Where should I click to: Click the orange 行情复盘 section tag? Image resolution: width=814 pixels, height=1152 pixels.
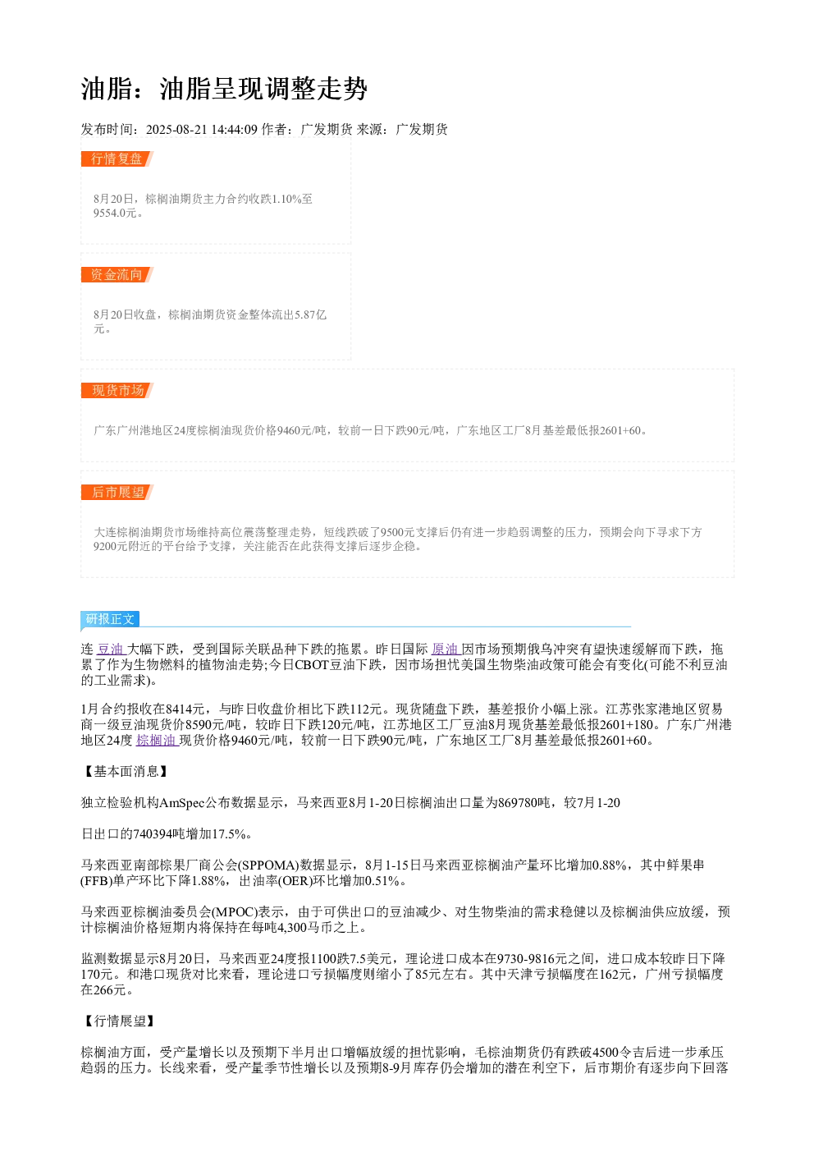(117, 158)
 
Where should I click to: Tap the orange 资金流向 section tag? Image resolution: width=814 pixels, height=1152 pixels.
(117, 274)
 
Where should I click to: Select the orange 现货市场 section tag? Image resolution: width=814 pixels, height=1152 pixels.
(117, 390)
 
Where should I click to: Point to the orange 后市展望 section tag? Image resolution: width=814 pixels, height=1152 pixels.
(117, 492)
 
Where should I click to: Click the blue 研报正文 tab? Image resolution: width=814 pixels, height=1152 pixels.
(110, 618)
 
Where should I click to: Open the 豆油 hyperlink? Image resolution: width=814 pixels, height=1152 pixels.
(112, 649)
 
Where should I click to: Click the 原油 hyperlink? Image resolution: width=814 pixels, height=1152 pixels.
(446, 649)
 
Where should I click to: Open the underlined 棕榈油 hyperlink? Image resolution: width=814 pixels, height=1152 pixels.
(157, 740)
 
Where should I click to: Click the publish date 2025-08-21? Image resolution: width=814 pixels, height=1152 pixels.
(176, 129)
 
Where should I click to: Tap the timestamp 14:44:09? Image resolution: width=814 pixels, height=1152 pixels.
(235, 129)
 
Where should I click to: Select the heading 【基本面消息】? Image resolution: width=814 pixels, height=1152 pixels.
(125, 772)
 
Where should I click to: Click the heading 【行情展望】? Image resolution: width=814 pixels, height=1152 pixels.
(118, 1021)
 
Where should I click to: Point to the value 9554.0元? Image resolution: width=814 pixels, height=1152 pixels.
(115, 213)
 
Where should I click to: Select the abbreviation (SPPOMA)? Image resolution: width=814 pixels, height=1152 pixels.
(269, 865)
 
